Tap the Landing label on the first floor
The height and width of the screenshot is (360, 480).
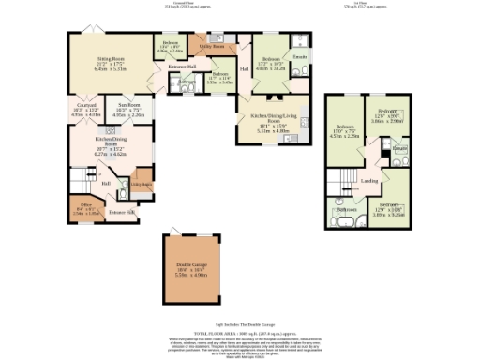[x=369, y=181]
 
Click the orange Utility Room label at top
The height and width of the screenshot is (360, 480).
[x=212, y=45]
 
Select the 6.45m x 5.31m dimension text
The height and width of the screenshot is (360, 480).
[x=109, y=69]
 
